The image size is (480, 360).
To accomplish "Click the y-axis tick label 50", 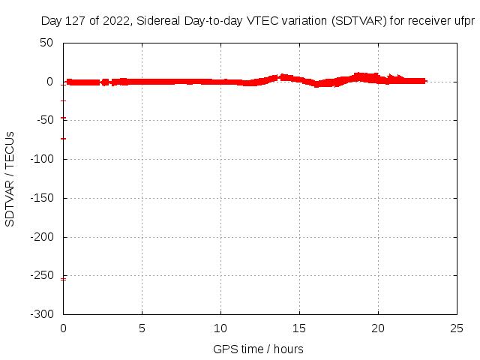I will [x=46, y=43].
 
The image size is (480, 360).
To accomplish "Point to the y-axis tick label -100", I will [x=42, y=159].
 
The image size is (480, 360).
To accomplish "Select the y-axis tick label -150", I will [x=42, y=198].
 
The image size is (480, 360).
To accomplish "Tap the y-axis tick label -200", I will [x=42, y=237].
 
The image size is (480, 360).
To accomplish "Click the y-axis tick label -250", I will [x=42, y=276].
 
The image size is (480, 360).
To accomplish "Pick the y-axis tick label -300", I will [x=42, y=314].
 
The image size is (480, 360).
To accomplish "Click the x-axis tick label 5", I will [x=142, y=328].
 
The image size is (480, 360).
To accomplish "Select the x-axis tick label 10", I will [x=221, y=328].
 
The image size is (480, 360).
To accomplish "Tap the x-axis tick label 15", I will [x=300, y=328].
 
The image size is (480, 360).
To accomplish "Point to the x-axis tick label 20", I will [x=379, y=328].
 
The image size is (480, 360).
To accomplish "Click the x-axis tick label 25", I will [x=457, y=328].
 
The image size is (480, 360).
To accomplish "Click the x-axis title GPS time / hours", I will [x=258, y=349].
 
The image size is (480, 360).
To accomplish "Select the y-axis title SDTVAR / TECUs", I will [x=10, y=178].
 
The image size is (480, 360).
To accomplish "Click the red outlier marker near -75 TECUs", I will [x=64, y=139].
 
